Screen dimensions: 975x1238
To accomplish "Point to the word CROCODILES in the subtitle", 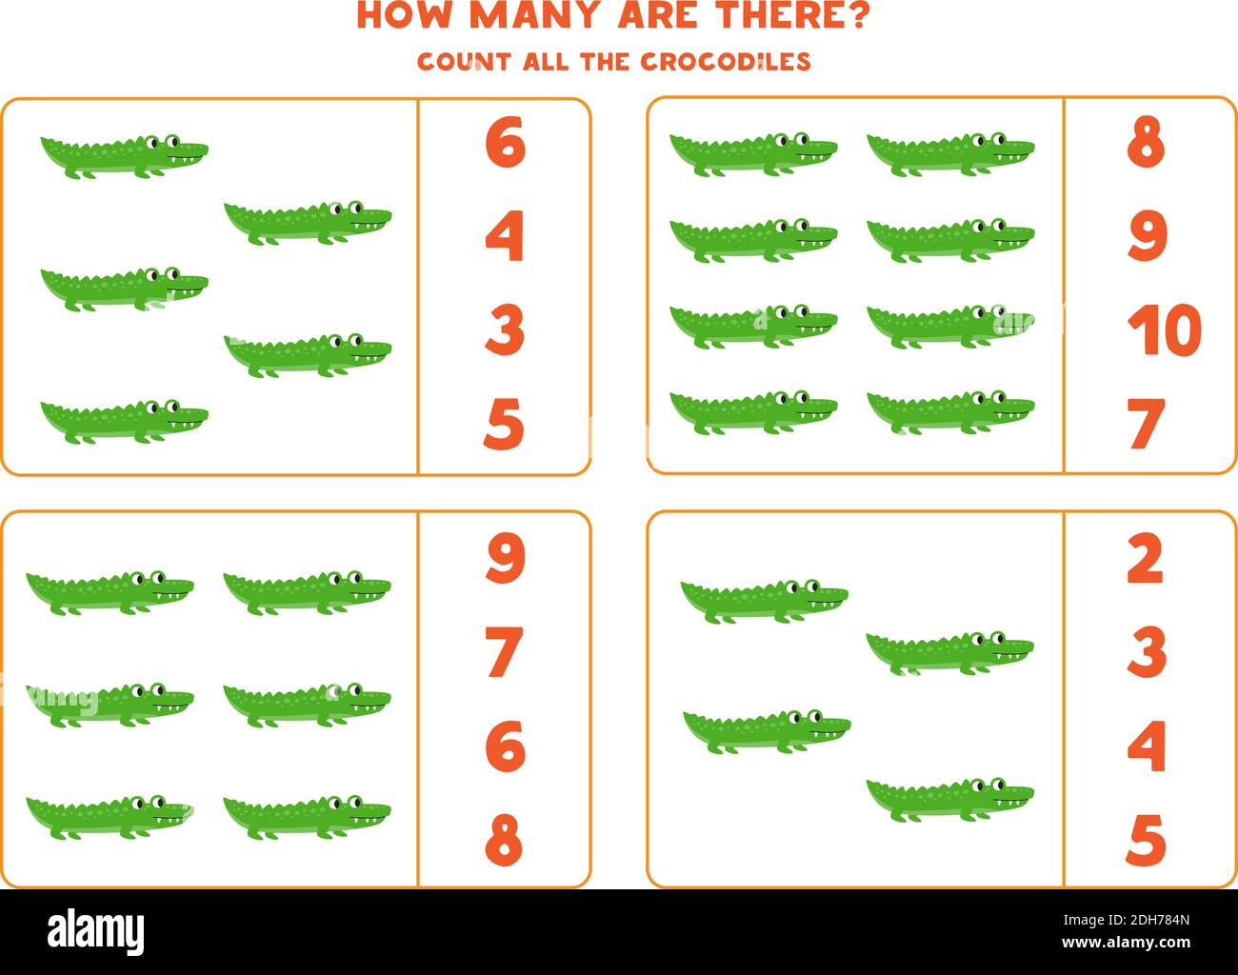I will (x=726, y=61).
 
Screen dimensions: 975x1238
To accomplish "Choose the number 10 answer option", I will (x=1164, y=331).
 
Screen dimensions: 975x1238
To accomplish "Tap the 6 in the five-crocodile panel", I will (x=505, y=145).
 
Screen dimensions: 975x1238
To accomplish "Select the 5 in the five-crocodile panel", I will (x=504, y=425).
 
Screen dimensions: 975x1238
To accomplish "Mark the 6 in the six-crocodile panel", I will (x=505, y=746).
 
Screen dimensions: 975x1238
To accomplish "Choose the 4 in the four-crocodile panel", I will (x=1147, y=746).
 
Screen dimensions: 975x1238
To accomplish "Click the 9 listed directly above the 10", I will (x=1147, y=237).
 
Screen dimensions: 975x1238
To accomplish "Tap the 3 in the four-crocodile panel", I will (x=1147, y=653).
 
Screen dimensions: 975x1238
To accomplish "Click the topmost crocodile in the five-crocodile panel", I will (x=124, y=155).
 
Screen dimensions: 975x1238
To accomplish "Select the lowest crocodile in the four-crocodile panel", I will (x=949, y=798).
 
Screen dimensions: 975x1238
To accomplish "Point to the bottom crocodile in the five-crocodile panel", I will (x=124, y=420).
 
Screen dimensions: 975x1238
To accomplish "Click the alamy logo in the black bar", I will (x=96, y=930).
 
